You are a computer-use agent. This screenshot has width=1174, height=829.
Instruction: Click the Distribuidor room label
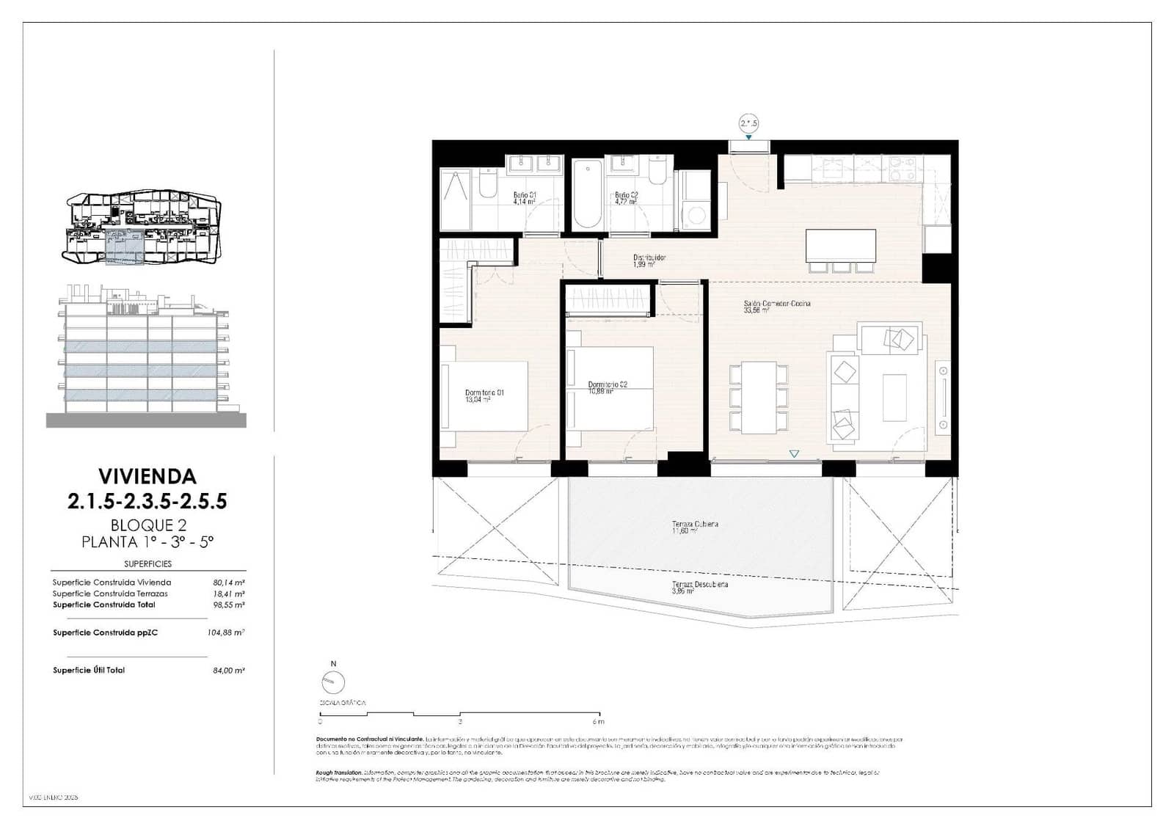pyautogui.click(x=649, y=258)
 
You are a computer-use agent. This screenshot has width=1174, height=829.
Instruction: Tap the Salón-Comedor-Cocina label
pyautogui.click(x=776, y=304)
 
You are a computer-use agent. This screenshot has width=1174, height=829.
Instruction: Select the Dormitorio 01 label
pyautogui.click(x=484, y=393)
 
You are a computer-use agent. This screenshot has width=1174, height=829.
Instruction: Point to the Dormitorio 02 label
pyautogui.click(x=607, y=385)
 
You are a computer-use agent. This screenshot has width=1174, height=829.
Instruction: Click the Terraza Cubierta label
pyautogui.click(x=694, y=525)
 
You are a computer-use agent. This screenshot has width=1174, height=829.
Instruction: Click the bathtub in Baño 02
pyautogui.click(x=588, y=195)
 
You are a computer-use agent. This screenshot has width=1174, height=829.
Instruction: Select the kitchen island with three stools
pyautogui.click(x=840, y=246)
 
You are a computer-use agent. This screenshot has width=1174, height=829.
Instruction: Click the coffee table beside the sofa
pyautogui.click(x=894, y=397)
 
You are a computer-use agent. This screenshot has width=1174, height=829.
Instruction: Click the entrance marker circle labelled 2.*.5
pyautogui.click(x=748, y=123)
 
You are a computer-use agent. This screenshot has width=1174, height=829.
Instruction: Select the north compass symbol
pyautogui.click(x=333, y=682)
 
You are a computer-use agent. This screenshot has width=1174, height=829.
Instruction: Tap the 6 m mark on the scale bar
pyautogui.click(x=599, y=721)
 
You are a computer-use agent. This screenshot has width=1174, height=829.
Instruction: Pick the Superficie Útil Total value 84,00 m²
pyautogui.click(x=228, y=671)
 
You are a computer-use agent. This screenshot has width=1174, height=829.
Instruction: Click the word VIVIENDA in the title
pyautogui.click(x=147, y=477)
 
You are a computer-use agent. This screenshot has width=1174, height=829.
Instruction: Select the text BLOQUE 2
pyautogui.click(x=147, y=525)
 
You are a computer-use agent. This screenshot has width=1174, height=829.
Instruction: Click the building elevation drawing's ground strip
pyautogui.click(x=146, y=420)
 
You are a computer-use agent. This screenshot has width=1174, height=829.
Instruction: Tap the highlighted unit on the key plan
pyautogui.click(x=125, y=246)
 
